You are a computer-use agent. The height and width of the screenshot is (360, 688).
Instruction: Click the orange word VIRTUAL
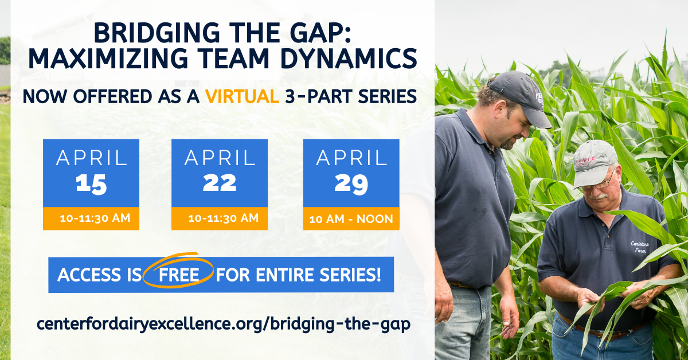click(x=243, y=96)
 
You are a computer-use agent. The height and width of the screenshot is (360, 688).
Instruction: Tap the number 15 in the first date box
click(x=91, y=185)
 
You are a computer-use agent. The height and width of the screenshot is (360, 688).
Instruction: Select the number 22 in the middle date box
click(x=219, y=183)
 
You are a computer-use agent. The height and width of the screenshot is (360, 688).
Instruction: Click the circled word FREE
click(x=179, y=275)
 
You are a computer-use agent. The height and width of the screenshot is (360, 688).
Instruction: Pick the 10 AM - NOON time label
click(x=351, y=219)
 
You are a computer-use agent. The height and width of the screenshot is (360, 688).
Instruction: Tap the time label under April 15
click(x=95, y=218)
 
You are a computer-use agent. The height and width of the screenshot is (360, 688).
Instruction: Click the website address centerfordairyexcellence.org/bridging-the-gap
click(x=223, y=324)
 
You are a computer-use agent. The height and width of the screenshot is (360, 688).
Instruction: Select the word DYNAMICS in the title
click(x=349, y=58)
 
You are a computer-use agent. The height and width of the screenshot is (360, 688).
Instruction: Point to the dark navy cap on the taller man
click(x=519, y=97)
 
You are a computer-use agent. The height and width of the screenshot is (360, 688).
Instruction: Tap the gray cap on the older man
click(x=595, y=163)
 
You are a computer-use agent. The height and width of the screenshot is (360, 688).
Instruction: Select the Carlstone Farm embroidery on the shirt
click(x=640, y=247)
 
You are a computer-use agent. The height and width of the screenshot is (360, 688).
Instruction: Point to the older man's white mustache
click(x=598, y=197)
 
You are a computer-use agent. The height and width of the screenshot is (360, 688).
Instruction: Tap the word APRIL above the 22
click(x=220, y=158)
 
